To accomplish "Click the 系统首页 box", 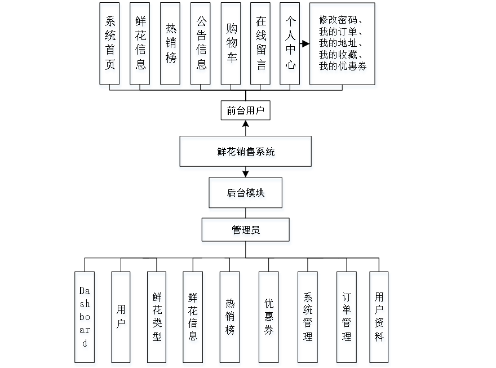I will [x=110, y=46].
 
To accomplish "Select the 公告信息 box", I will [x=201, y=46].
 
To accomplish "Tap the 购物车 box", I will [x=231, y=46].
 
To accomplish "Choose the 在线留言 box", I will [x=261, y=46].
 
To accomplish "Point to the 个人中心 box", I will [x=291, y=46].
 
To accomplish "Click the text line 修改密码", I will [x=338, y=21].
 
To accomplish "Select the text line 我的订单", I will [x=338, y=32].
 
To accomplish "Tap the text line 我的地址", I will [x=338, y=43].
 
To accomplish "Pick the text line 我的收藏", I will [x=338, y=55].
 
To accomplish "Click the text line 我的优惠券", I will [x=343, y=66].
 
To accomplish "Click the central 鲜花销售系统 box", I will [x=246, y=153].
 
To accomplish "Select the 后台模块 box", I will [x=246, y=195].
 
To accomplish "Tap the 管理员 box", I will [x=246, y=232].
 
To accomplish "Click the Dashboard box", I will [x=86, y=319].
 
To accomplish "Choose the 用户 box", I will [x=121, y=319].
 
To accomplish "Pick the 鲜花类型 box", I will [x=157, y=319].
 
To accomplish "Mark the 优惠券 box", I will [x=269, y=319].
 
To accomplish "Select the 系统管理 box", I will [x=308, y=319].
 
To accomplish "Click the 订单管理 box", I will [x=347, y=319].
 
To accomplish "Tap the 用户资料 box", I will [x=380, y=319].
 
